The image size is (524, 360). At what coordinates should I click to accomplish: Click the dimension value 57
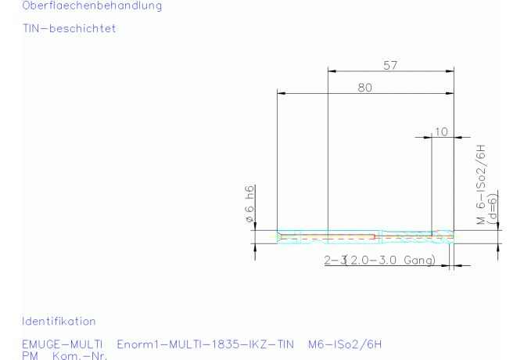[390, 65]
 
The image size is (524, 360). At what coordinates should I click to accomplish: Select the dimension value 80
[364, 88]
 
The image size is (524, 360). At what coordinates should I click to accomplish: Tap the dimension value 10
[441, 131]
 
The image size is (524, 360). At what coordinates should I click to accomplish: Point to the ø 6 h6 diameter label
[249, 204]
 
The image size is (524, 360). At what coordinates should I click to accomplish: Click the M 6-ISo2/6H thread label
[480, 184]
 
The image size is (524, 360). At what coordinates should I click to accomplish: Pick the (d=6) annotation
[492, 209]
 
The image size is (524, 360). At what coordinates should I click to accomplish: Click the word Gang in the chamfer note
[419, 260]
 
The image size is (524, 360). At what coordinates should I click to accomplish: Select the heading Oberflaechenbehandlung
[92, 5]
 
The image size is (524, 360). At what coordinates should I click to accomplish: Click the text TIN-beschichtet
[69, 28]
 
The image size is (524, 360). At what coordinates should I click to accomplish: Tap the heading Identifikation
[59, 321]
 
